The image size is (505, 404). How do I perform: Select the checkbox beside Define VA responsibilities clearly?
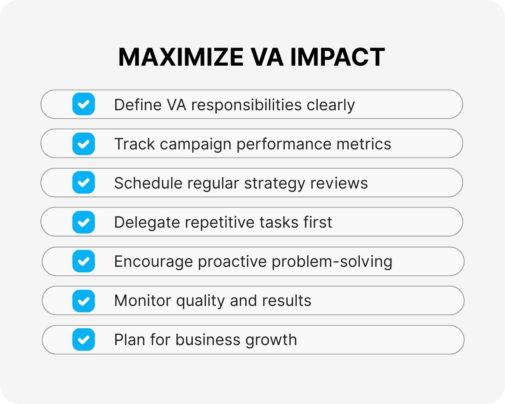click(x=84, y=104)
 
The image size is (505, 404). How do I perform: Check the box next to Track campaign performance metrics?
click(x=84, y=144)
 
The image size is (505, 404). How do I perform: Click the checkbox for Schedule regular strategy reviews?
click(x=84, y=183)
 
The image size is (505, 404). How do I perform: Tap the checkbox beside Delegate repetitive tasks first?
click(x=84, y=222)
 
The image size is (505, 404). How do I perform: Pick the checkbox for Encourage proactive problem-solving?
click(x=84, y=261)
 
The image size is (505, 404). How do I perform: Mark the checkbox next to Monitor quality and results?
click(x=84, y=300)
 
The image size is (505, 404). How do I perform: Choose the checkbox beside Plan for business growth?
click(x=84, y=340)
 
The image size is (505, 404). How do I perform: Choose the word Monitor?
click(x=142, y=300)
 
